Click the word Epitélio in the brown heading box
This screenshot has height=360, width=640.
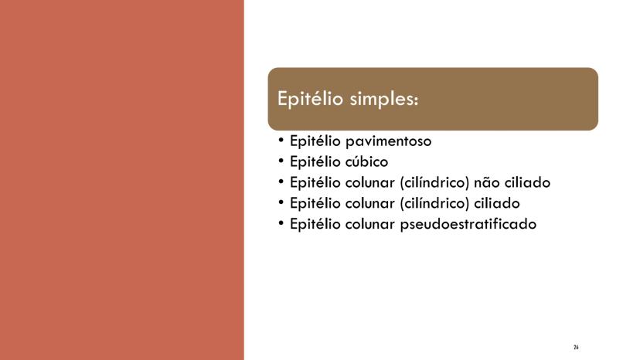[x=310, y=99]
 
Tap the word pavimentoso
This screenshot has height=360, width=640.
[x=389, y=141]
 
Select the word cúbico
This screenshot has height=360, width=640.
[x=366, y=161]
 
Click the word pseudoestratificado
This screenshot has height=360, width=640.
[x=468, y=224]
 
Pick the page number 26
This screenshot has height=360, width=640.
[x=576, y=348]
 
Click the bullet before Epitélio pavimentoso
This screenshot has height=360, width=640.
[x=281, y=140]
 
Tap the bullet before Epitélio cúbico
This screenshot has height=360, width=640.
[x=281, y=161]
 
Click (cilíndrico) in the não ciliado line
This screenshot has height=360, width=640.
[x=434, y=182]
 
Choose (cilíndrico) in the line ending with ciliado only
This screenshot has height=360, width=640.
[x=434, y=203]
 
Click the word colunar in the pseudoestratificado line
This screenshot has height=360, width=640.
[x=370, y=224]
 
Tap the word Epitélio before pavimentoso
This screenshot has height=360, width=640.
[x=315, y=141]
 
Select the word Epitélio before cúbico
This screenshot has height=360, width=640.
[x=315, y=162]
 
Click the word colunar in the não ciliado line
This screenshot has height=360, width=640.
[x=370, y=182]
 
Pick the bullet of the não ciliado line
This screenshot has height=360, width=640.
[x=281, y=182]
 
